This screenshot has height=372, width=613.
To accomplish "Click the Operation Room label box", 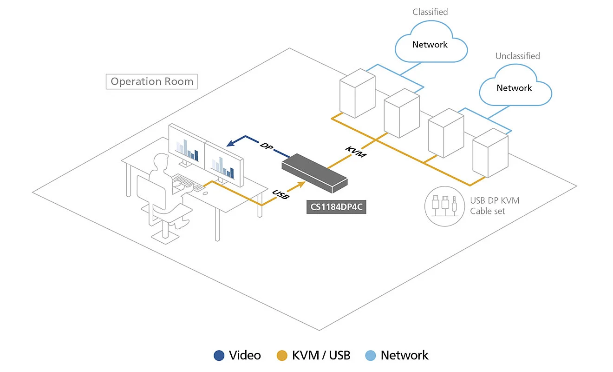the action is [x=151, y=81].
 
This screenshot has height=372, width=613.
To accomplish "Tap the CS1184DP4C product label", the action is [x=336, y=207].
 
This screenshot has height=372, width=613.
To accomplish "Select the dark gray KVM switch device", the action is [x=315, y=173].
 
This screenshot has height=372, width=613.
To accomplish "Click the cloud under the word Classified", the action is [x=431, y=42].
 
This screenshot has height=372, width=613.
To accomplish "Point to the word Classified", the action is [x=430, y=12].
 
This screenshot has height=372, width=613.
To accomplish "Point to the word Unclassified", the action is [x=517, y=56].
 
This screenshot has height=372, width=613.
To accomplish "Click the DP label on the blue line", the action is [x=266, y=146].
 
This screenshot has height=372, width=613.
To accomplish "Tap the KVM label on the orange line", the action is [x=355, y=152].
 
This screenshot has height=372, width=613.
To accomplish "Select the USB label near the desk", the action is [x=280, y=194].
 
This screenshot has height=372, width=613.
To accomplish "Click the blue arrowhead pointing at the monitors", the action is [x=231, y=143].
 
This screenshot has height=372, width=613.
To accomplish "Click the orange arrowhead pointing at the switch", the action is [x=301, y=184].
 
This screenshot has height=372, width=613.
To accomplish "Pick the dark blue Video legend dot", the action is [x=219, y=356].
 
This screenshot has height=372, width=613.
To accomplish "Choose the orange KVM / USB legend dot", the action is [x=282, y=356].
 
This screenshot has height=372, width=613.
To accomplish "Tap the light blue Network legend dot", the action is [x=371, y=356].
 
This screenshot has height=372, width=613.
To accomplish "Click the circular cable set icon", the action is [x=444, y=206].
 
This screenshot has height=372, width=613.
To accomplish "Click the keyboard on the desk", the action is [x=188, y=182].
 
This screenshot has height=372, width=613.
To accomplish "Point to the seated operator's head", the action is [x=161, y=162].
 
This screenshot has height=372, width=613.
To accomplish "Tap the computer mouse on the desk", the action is [x=205, y=193].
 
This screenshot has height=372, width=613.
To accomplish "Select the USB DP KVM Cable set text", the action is [x=495, y=206].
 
